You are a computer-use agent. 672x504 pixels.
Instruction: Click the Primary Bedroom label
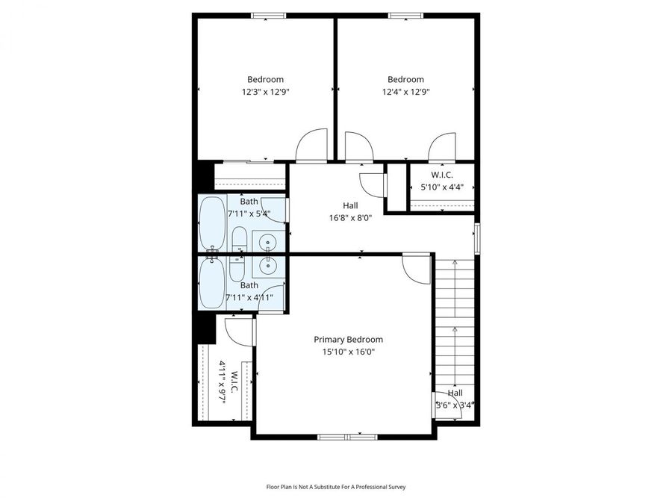pos(348,339)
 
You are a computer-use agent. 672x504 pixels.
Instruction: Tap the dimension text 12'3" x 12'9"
pos(265,92)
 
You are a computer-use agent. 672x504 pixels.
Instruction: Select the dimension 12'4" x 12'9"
pos(405,92)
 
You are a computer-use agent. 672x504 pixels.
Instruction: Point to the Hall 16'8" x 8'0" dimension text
pos(350,218)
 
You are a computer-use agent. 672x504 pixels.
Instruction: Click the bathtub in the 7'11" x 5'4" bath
pos(212,222)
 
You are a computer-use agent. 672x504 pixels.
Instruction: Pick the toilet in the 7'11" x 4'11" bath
pos(237,267)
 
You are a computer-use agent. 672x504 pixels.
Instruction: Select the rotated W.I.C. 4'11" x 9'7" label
pos(228,382)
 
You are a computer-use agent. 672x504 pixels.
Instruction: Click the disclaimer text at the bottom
pos(336,487)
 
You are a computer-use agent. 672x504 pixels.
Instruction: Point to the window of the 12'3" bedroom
pos(269,15)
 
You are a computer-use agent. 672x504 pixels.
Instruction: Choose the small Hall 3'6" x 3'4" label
pos(455,399)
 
